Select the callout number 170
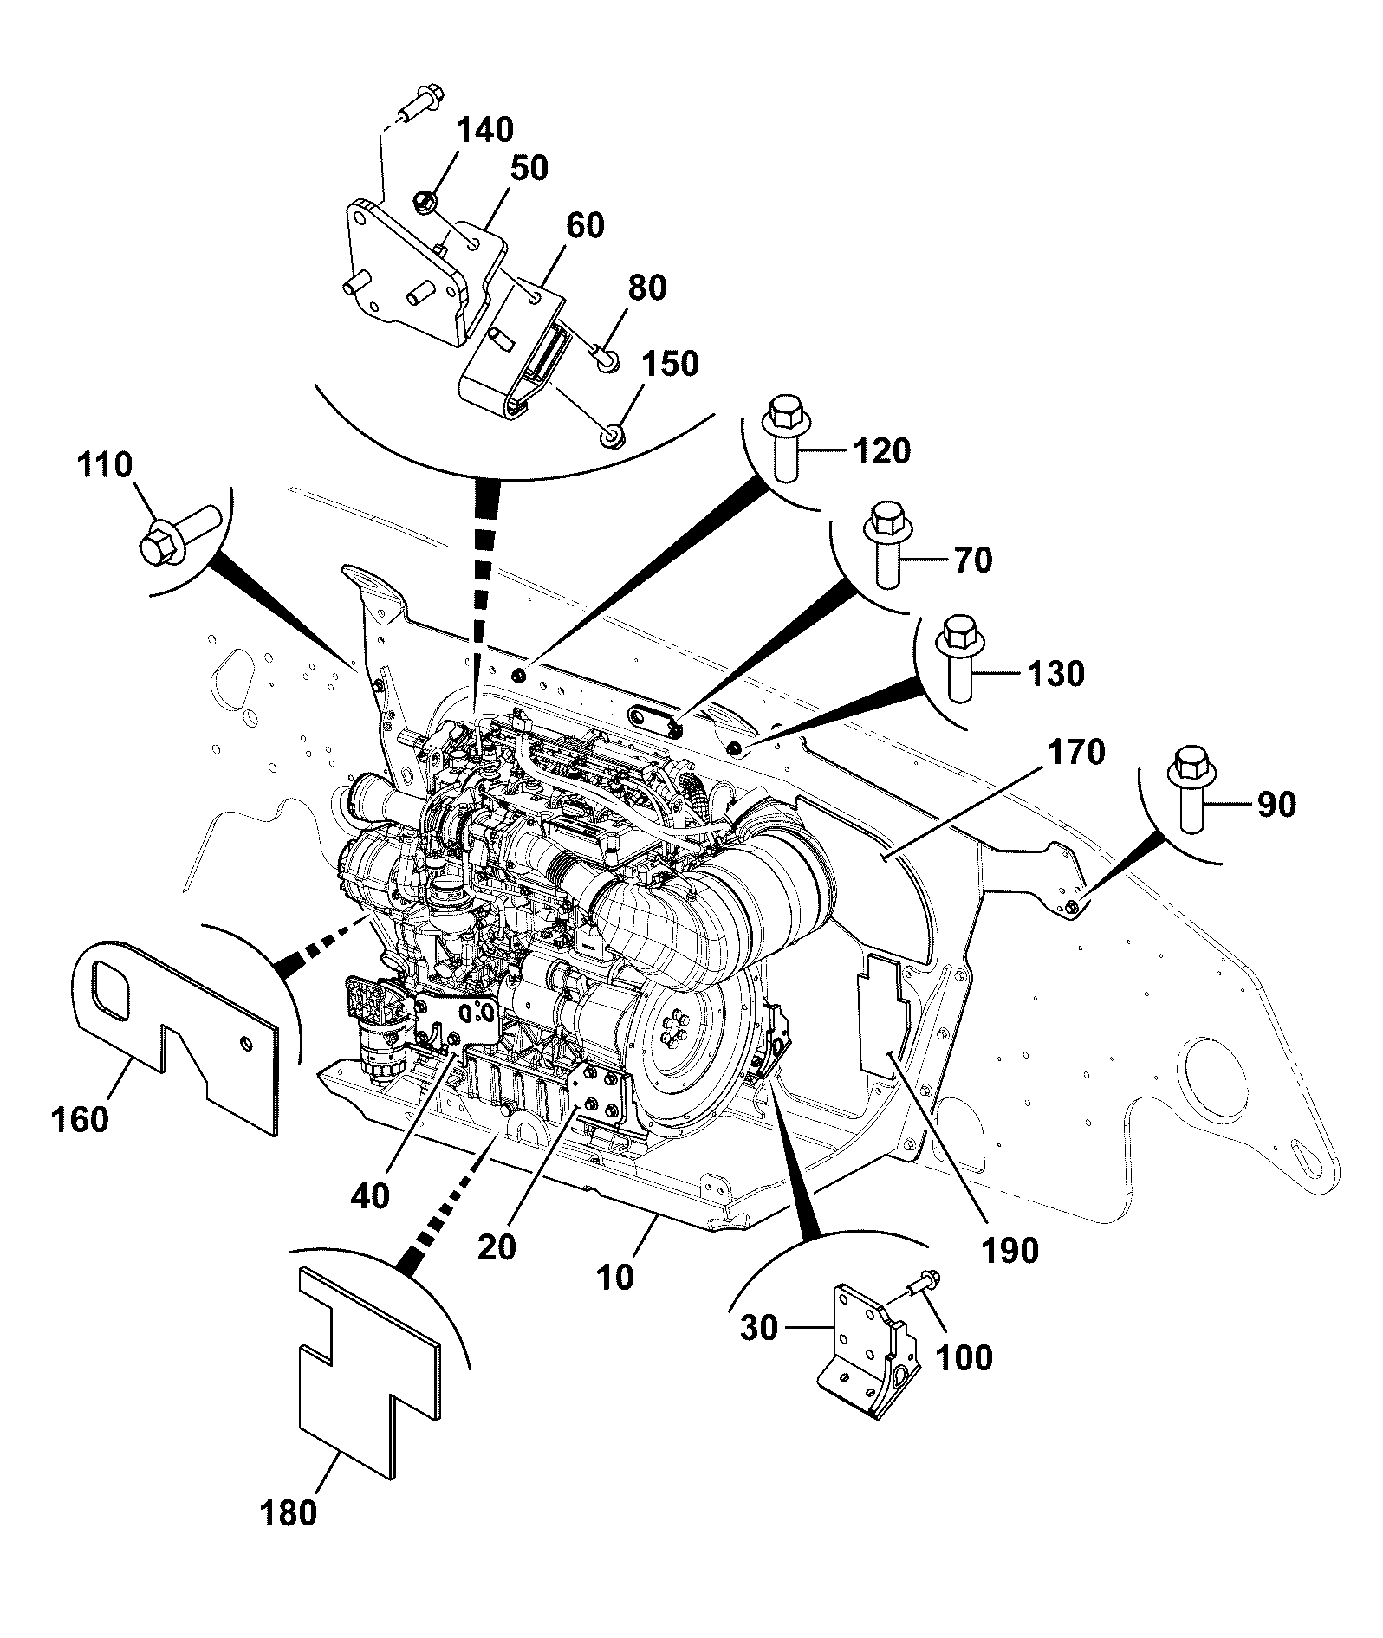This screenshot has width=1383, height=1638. coord(1076,752)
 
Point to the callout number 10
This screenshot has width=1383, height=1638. coord(615,1277)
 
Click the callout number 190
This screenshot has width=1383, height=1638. coord(1010,1250)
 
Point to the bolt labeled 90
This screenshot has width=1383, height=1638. coord(1191,789)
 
